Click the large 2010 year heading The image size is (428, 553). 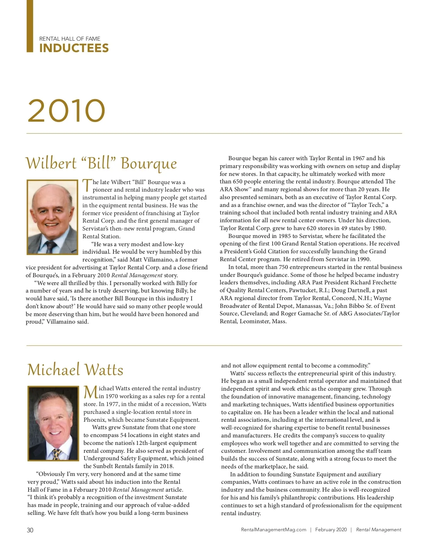click(66, 111)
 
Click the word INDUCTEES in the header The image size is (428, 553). click(74, 48)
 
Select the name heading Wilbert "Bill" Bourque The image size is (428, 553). click(101, 163)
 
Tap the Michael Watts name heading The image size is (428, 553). click(75, 370)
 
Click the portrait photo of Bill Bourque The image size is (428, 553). click(52, 217)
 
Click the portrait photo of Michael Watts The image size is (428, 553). click(53, 423)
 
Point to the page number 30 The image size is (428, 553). click(30, 530)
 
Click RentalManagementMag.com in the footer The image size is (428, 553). click(274, 530)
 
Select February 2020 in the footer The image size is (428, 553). click(331, 530)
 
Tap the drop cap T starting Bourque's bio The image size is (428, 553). click(87, 185)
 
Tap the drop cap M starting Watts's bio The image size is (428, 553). click(91, 392)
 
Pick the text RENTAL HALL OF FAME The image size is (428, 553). click(70, 39)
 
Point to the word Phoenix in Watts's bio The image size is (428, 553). click(94, 420)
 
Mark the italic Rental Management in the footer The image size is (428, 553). click(378, 530)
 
